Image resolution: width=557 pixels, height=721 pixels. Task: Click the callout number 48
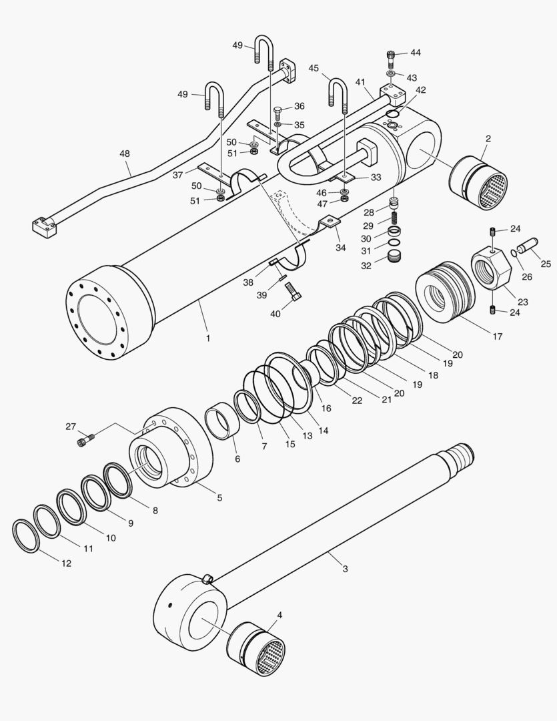[125, 154]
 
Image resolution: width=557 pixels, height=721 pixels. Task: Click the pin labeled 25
[526, 248]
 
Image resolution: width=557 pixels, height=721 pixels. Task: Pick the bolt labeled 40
[293, 291]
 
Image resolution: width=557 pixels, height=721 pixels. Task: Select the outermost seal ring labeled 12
[25, 535]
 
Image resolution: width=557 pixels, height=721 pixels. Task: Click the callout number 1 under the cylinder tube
[208, 338]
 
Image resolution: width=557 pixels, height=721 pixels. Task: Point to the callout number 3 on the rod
[345, 569]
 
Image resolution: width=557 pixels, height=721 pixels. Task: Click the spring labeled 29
[395, 218]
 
